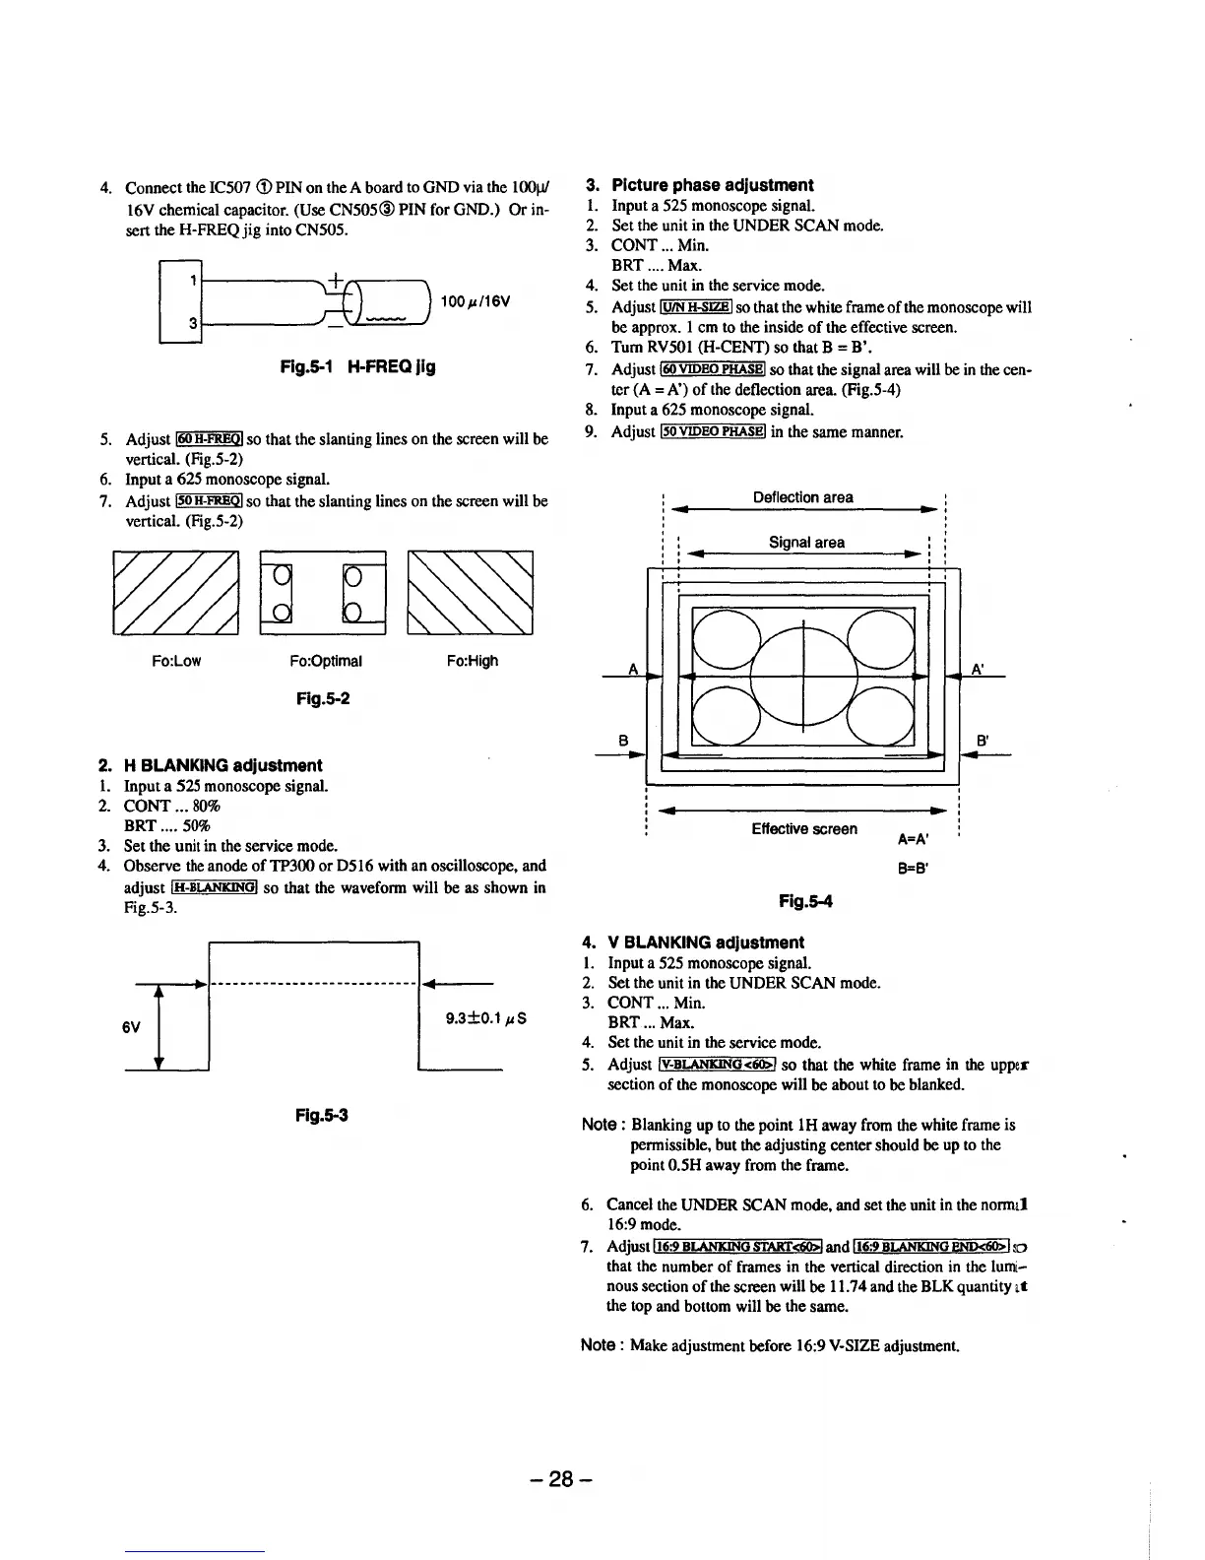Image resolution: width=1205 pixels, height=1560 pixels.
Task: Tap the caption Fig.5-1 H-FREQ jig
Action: tap(357, 367)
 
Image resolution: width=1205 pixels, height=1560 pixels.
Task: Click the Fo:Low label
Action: tap(176, 661)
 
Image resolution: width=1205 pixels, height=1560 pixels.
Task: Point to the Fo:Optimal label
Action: tap(326, 661)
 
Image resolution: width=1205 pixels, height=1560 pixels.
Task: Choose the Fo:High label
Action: tap(472, 661)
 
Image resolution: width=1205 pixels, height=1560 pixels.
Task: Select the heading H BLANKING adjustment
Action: tap(222, 765)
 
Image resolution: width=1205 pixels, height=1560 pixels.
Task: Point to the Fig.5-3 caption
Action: tap(323, 1116)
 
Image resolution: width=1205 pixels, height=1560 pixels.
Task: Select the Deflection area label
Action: tap(802, 497)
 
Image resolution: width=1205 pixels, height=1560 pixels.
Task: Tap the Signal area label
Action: tap(806, 542)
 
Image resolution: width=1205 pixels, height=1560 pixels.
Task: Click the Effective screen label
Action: tap(803, 829)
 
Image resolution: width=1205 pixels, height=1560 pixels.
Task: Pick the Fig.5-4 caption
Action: tap(805, 900)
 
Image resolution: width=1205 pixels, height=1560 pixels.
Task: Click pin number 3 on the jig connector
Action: tap(194, 322)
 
